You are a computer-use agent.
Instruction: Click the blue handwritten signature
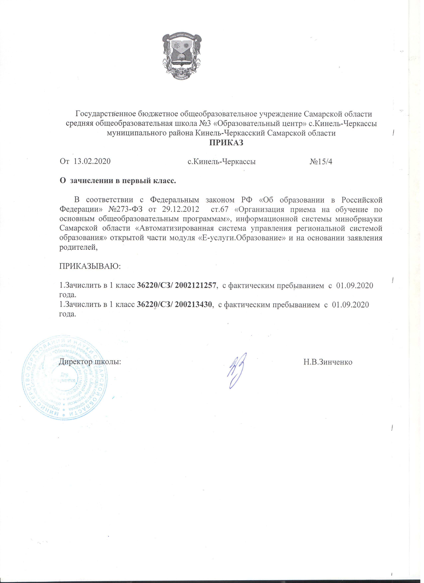236,371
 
